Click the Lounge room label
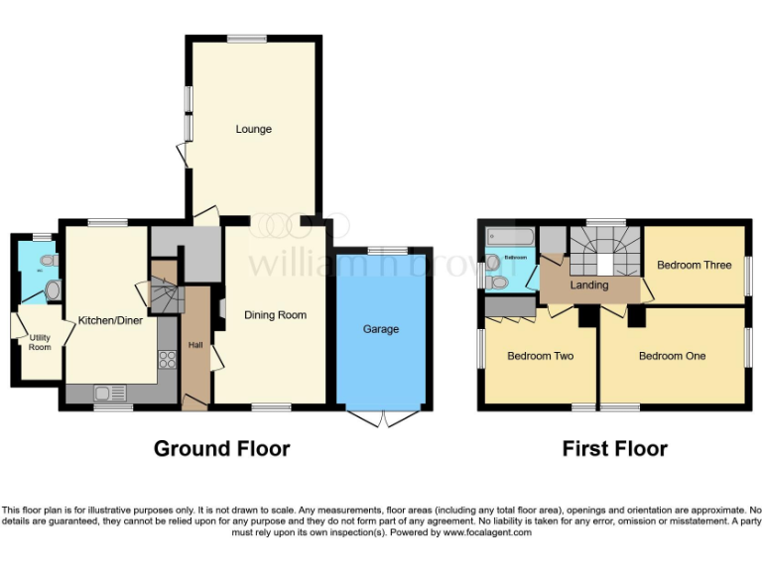pyautogui.click(x=253, y=129)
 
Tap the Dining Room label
pyautogui.click(x=275, y=315)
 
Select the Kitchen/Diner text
pyautogui.click(x=108, y=319)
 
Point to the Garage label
pyautogui.click(x=381, y=329)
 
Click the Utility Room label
pyautogui.click(x=40, y=342)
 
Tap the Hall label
pyautogui.click(x=194, y=345)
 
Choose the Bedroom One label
pyautogui.click(x=672, y=356)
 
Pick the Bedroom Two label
pyautogui.click(x=540, y=356)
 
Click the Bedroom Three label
pyautogui.click(x=694, y=265)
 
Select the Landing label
pyautogui.click(x=588, y=285)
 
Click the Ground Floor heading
pyautogui.click(x=221, y=448)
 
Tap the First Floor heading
pyautogui.click(x=614, y=448)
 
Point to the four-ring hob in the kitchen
pyautogui.click(x=167, y=360)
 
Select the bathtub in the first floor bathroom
pyautogui.click(x=509, y=238)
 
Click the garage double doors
pyautogui.click(x=381, y=417)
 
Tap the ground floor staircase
pyautogui.click(x=164, y=293)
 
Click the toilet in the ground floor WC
pyautogui.click(x=52, y=289)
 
